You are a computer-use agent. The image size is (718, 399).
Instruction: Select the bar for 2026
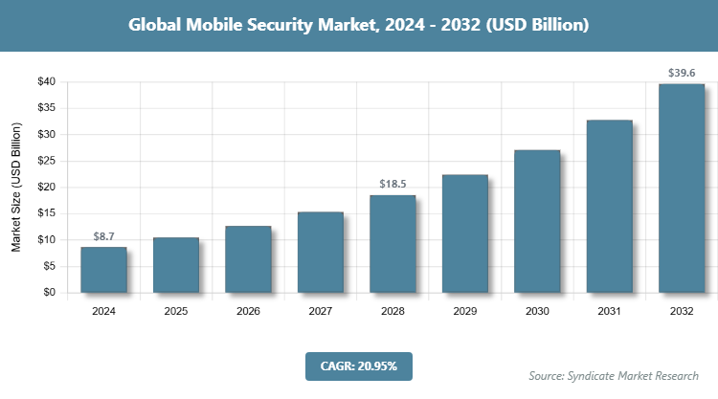pos(248,259)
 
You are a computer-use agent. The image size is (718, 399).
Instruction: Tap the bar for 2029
pos(464,233)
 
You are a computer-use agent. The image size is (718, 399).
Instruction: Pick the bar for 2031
pos(609,207)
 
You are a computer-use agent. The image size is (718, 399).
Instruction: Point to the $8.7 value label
pos(103,235)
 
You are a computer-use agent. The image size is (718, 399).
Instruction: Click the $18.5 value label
pos(393,184)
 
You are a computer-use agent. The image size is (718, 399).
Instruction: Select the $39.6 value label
pos(682,73)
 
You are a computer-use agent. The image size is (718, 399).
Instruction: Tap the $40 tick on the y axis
pos(45,82)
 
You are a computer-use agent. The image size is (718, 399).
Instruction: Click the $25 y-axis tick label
pos(45,161)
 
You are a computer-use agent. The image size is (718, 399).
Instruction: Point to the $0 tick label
pos(48,293)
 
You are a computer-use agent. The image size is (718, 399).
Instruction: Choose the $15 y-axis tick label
pos(45,213)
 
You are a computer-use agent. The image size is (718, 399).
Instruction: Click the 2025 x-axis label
pos(175,311)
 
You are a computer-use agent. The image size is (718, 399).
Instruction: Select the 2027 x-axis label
pos(320,311)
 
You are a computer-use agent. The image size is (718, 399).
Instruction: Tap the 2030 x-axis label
pos(537,311)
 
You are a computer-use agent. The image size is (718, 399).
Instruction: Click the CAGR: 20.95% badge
pos(358,366)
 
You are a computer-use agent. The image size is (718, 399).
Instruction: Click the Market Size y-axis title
pos(16,188)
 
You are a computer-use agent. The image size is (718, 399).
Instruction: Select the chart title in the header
pos(358,26)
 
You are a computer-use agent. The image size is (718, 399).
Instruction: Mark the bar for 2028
pos(393,244)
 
